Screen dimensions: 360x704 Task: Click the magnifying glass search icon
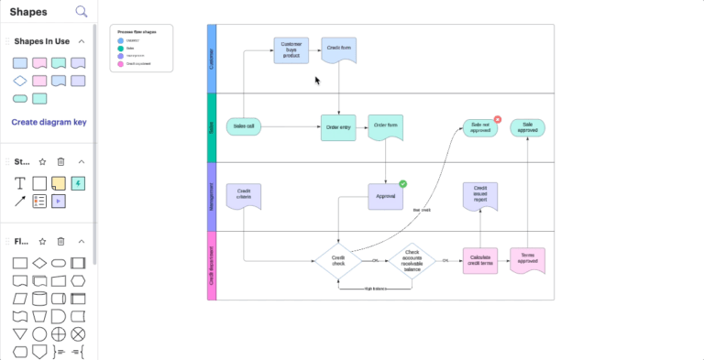point(82,12)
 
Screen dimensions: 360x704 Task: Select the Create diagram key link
point(49,122)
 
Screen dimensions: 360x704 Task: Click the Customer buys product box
point(291,49)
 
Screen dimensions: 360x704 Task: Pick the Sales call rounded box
point(245,127)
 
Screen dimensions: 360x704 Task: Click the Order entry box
point(337,127)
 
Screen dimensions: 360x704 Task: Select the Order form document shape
point(385,127)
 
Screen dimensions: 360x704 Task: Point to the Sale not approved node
point(479,127)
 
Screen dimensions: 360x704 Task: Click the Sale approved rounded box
point(528,127)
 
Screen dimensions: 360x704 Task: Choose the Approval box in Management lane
point(386,196)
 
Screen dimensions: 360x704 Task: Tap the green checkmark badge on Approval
point(402,184)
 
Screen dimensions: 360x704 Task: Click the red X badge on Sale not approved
point(498,118)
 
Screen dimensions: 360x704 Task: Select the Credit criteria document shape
point(244,196)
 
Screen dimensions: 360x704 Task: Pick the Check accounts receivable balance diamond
point(412,261)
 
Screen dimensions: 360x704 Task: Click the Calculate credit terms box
point(480,261)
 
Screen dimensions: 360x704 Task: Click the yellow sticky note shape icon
point(59,183)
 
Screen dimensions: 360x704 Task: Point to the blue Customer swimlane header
point(213,59)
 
